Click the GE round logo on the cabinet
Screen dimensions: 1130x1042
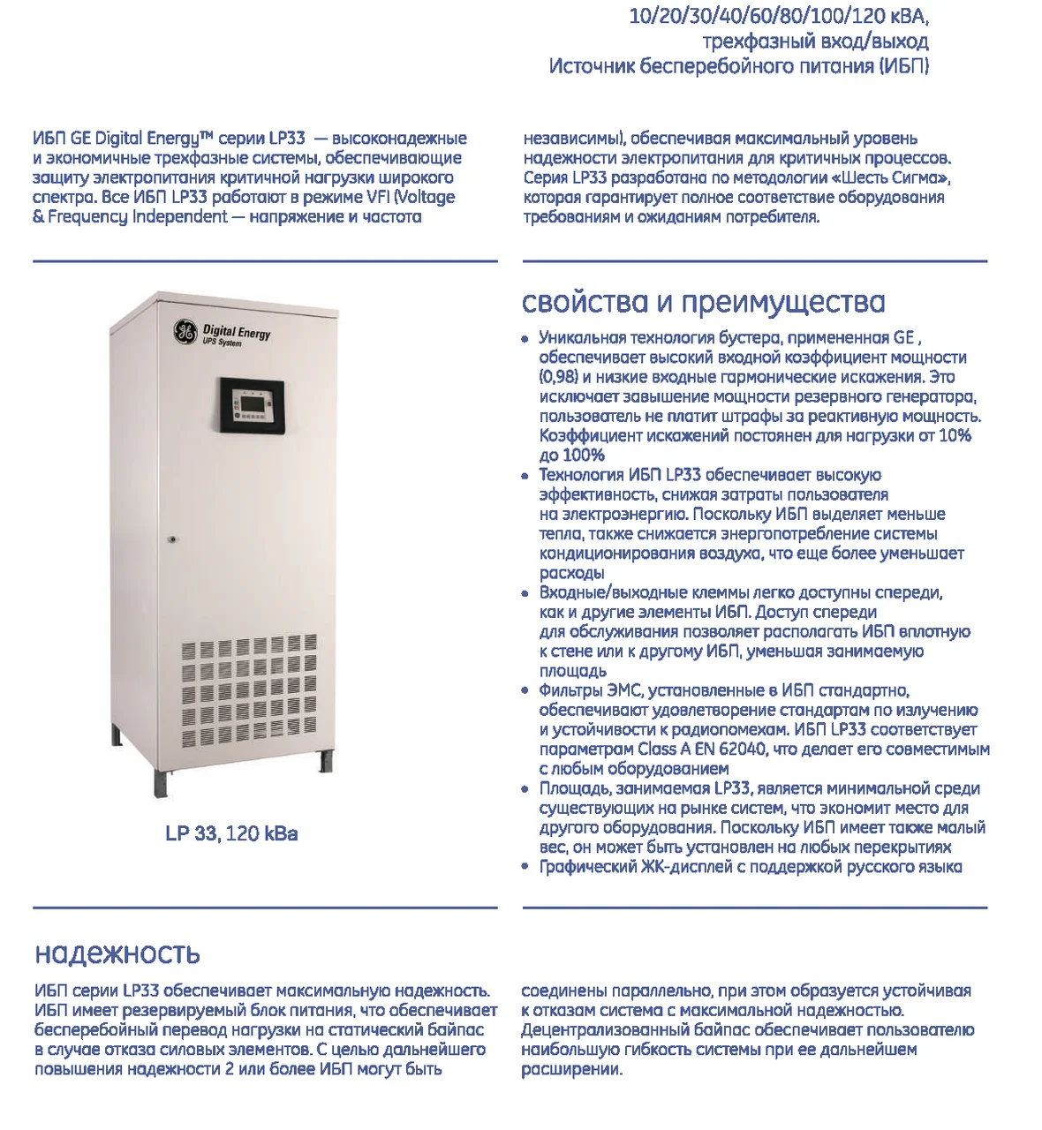[185, 332]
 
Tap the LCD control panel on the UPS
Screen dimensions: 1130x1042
[252, 404]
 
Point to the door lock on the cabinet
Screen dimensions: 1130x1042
[173, 539]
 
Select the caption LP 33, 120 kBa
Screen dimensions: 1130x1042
[231, 833]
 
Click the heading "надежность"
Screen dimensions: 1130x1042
[117, 953]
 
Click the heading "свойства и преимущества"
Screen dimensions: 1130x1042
[703, 302]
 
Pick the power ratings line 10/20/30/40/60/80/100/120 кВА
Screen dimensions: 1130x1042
[779, 17]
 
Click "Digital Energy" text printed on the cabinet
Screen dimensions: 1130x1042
[237, 333]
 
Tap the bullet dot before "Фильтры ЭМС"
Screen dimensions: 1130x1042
[525, 691]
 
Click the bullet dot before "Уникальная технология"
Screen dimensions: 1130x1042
[525, 338]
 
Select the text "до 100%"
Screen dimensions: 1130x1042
[571, 456]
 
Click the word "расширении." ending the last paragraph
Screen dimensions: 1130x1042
[571, 1069]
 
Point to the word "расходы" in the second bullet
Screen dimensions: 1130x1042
[571, 573]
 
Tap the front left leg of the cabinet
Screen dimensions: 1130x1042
[162, 780]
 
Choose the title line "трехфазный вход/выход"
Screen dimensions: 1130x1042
[815, 41]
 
